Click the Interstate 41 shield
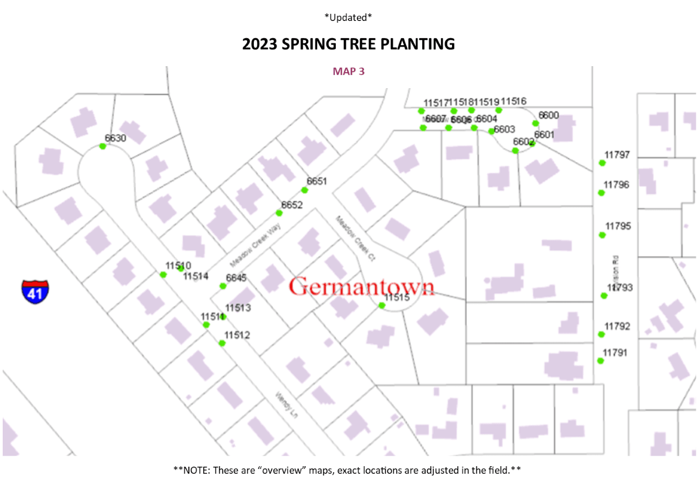pyautogui.click(x=35, y=291)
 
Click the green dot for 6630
pyautogui.click(x=102, y=146)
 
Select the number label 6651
pyautogui.click(x=317, y=181)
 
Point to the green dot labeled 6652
pyautogui.click(x=279, y=213)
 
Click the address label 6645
pyautogui.click(x=236, y=278)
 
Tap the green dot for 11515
pyautogui.click(x=382, y=305)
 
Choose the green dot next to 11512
pyautogui.click(x=222, y=343)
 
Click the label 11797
pyautogui.click(x=617, y=155)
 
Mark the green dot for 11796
pyautogui.click(x=601, y=192)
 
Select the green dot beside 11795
pyautogui.click(x=602, y=235)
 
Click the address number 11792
pyautogui.click(x=617, y=326)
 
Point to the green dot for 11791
pyautogui.click(x=601, y=361)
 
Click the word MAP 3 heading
pyautogui.click(x=348, y=71)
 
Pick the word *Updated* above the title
pyautogui.click(x=348, y=18)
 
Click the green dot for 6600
pyautogui.click(x=535, y=123)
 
